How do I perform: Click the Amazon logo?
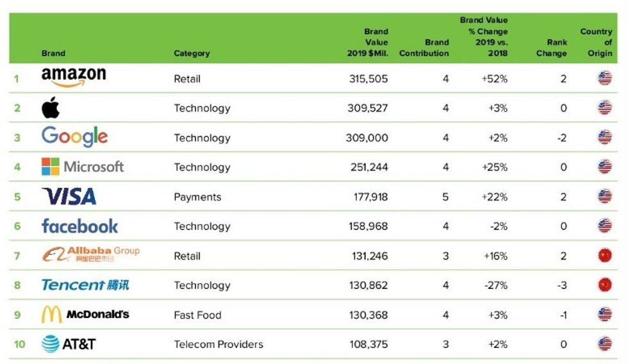[74, 77]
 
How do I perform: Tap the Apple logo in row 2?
[51, 108]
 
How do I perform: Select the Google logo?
[74, 137]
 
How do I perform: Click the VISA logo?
[69, 196]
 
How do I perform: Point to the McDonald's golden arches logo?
[51, 315]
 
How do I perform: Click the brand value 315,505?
[367, 79]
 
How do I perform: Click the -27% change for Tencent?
[497, 285]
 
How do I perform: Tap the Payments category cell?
[197, 197]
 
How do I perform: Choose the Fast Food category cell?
[197, 315]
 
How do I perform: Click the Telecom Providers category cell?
[219, 344]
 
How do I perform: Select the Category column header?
[192, 53]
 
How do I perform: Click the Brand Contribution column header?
[424, 48]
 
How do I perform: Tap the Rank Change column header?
[552, 48]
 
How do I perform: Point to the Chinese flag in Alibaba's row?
[604, 256]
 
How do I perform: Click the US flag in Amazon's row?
[604, 79]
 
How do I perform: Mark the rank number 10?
[19, 344]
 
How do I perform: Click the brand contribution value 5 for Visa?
[445, 197]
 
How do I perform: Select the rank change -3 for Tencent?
[561, 285]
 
